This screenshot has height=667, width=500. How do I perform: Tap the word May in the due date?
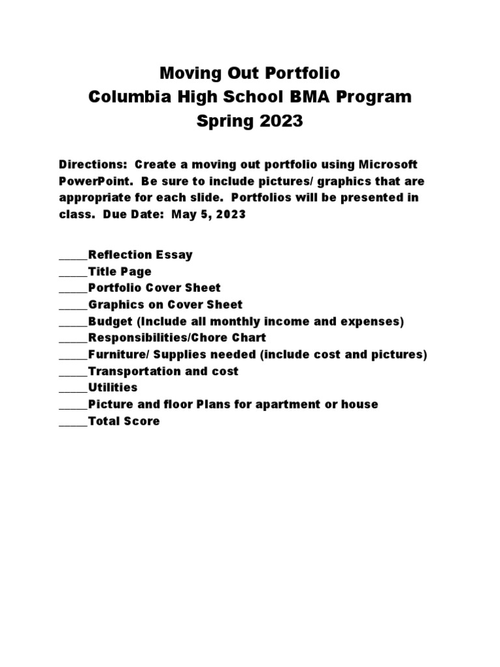pyautogui.click(x=183, y=214)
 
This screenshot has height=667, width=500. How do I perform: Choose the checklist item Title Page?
pyautogui.click(x=120, y=271)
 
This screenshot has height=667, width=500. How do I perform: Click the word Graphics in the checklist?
pyautogui.click(x=115, y=304)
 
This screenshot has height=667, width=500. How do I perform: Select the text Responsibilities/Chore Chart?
pyautogui.click(x=177, y=337)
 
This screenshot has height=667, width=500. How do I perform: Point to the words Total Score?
pyautogui.click(x=124, y=421)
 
